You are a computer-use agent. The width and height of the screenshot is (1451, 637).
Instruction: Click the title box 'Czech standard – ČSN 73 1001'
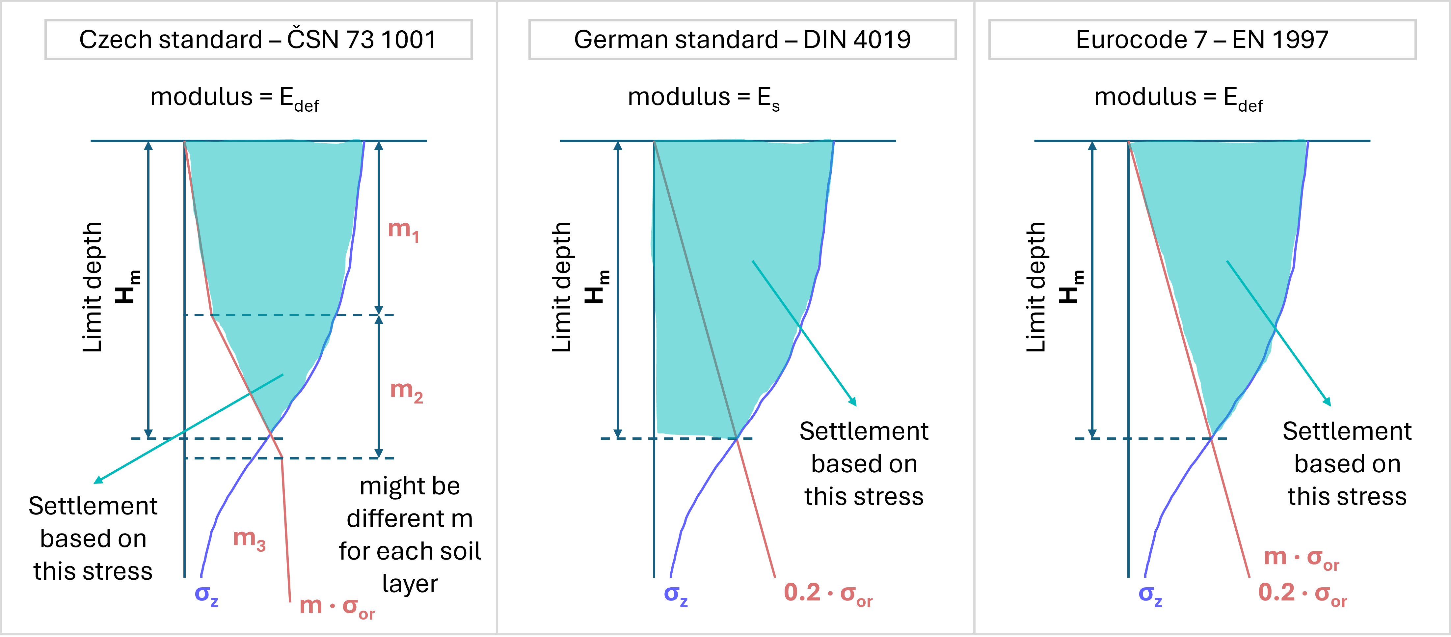tap(258, 40)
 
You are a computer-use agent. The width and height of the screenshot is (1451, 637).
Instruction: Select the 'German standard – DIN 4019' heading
tap(742, 40)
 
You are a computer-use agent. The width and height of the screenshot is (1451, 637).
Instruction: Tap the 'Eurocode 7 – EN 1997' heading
tap(1202, 40)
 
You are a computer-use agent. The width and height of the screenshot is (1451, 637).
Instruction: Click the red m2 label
tap(406, 390)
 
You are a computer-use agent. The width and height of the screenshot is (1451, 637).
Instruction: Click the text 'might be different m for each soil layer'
tap(410, 535)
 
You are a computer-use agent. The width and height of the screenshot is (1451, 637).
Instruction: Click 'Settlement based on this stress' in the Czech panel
tap(93, 538)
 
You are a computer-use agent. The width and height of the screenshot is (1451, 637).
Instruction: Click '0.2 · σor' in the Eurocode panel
tap(1302, 594)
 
